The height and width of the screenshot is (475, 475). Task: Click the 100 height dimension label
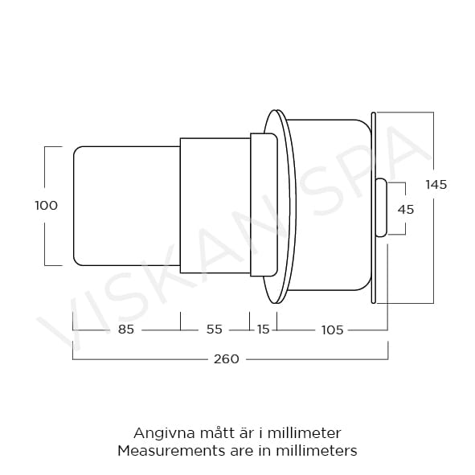coord(47,206)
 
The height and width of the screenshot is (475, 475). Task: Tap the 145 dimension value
coord(436,185)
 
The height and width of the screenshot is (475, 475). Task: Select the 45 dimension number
coord(406,209)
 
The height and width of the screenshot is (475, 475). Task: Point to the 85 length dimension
coord(126,330)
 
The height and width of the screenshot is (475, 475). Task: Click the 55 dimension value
coord(215,330)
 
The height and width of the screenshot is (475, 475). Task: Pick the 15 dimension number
coord(264,330)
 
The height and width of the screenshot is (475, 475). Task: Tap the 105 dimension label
coord(332,330)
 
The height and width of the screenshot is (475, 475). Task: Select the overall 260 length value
coord(227,359)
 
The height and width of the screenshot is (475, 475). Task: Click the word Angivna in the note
coord(164,433)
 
